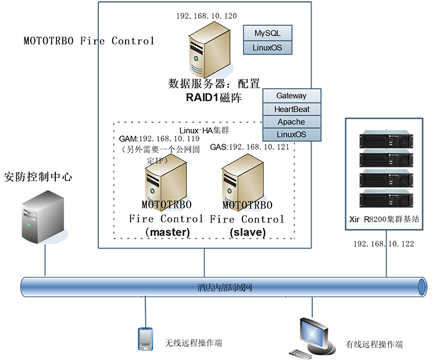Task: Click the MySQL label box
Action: [x=267, y=33]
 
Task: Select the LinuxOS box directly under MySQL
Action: [x=267, y=47]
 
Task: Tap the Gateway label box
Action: [x=291, y=95]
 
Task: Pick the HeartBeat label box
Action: [x=291, y=109]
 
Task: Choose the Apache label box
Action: [x=291, y=122]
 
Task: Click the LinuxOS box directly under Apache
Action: [x=291, y=135]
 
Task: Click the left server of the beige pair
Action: [x=159, y=177]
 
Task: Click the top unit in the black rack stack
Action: [x=389, y=140]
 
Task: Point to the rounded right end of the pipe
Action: [x=420, y=287]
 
